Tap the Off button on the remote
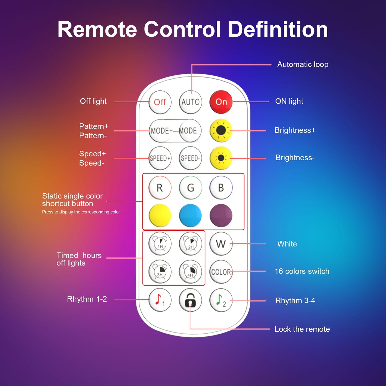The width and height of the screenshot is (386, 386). coord(160,102)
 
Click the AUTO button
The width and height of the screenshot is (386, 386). coord(190,102)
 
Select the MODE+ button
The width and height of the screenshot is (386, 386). coord(160,131)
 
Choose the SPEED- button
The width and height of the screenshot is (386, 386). coord(190,158)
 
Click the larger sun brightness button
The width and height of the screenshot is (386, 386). coord(221,130)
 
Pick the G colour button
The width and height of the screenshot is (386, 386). coord(190,188)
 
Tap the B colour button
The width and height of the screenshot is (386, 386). coord(221,188)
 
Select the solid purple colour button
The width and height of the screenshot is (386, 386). coord(221,215)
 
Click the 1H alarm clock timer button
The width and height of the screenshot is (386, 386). coord(160,244)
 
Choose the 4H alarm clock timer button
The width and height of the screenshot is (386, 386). coord(190,271)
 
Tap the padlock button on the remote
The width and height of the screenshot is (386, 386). coord(190,300)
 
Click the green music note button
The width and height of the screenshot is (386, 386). coord(221,300)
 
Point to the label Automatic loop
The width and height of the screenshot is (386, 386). coord(303,64)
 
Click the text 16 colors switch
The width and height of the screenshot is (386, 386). coord(302,271)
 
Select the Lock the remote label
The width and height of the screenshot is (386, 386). coord(302,329)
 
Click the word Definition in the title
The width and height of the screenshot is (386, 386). coord(278,29)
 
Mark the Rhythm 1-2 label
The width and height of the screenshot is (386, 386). coord(87,299)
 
